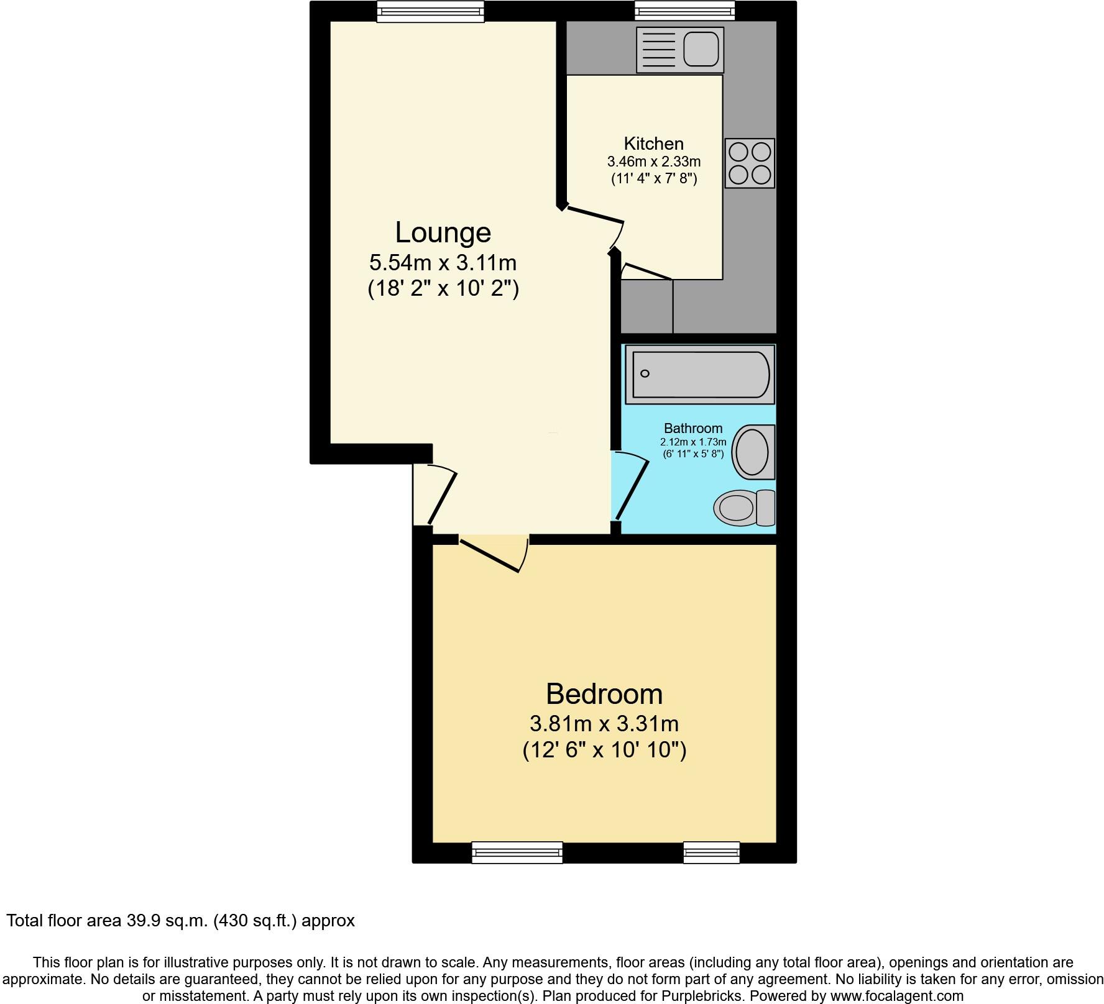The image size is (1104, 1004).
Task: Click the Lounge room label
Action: pos(443,233)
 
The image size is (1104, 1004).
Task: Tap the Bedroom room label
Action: pos(604,694)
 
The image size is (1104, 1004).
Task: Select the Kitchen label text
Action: pos(653,144)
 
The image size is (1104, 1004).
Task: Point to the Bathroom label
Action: pos(692,428)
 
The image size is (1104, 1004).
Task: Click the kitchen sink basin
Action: pos(701,49)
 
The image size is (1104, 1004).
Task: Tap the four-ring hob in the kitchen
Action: pos(750,163)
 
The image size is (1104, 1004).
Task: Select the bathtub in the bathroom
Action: pos(700,374)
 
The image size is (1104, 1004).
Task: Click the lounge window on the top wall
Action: pos(430,11)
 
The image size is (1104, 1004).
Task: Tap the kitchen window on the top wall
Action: pos(684,11)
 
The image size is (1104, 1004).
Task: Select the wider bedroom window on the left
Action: pos(517,852)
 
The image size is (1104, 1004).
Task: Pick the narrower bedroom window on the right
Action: pos(711,852)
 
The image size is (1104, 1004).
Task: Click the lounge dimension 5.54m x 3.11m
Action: pos(443,263)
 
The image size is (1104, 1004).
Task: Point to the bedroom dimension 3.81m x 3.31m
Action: pos(604,724)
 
